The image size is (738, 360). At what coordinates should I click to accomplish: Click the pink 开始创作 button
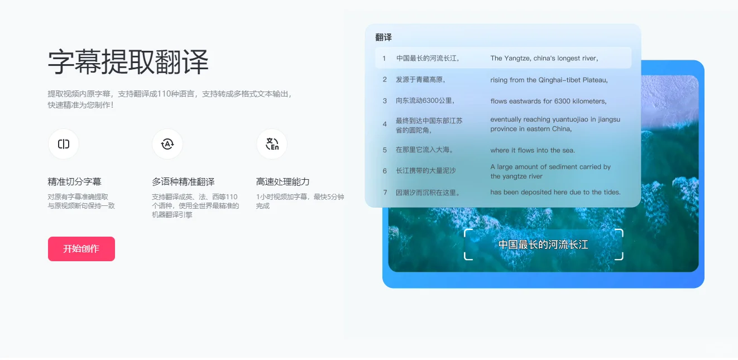(82, 249)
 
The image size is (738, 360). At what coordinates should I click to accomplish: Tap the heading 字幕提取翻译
(128, 62)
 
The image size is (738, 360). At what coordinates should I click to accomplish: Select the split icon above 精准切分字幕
(64, 144)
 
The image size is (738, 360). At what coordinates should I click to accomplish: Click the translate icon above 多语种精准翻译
(167, 144)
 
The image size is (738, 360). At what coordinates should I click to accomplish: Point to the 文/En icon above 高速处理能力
(272, 144)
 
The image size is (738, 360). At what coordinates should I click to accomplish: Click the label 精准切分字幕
(75, 182)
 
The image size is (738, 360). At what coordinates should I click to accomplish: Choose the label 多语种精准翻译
(183, 182)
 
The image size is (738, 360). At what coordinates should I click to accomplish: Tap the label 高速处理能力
(282, 182)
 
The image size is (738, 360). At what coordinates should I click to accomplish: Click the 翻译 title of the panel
(384, 37)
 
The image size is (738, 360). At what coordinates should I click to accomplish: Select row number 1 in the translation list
(384, 59)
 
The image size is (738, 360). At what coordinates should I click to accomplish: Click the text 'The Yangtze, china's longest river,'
(544, 58)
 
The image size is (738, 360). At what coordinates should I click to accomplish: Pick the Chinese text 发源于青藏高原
(420, 80)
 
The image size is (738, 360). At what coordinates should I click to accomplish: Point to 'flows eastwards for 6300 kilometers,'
(548, 101)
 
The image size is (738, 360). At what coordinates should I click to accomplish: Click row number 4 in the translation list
(385, 124)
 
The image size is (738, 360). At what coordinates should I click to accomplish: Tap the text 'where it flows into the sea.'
(533, 150)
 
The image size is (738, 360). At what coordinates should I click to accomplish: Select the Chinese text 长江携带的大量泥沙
(426, 171)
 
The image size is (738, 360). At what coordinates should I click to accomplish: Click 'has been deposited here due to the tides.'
(555, 192)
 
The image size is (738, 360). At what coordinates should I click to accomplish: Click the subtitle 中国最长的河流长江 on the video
(543, 244)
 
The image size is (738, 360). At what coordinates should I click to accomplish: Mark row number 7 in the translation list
(385, 193)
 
